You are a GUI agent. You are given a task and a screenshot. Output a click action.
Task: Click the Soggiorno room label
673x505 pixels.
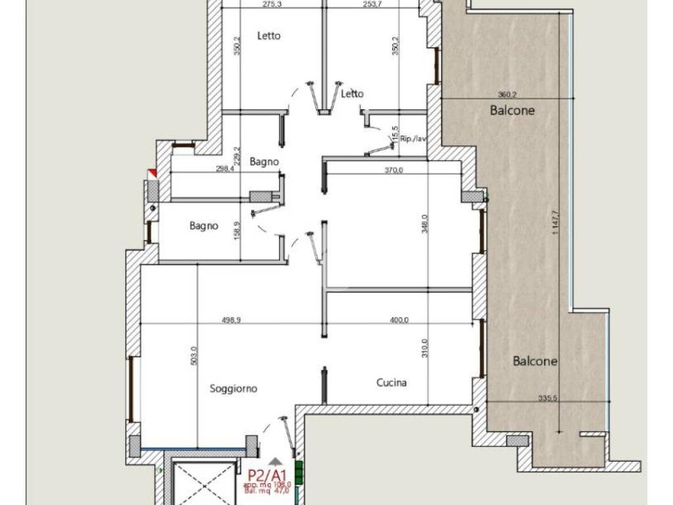point(233,389)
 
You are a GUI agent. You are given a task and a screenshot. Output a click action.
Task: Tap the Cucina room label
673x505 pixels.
point(391,382)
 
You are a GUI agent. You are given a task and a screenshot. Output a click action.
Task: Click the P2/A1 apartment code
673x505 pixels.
point(267,475)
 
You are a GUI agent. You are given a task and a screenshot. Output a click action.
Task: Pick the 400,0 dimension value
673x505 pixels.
point(399,320)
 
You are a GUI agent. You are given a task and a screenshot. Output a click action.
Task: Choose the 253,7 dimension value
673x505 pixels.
point(372,4)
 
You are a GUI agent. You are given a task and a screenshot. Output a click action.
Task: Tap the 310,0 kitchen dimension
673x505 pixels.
point(425,348)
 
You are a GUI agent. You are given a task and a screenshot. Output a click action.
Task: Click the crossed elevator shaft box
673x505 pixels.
point(204,484)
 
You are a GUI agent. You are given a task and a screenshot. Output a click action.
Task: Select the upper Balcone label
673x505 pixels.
point(512,110)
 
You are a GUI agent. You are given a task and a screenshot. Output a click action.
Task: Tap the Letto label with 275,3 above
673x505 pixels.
point(268,36)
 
